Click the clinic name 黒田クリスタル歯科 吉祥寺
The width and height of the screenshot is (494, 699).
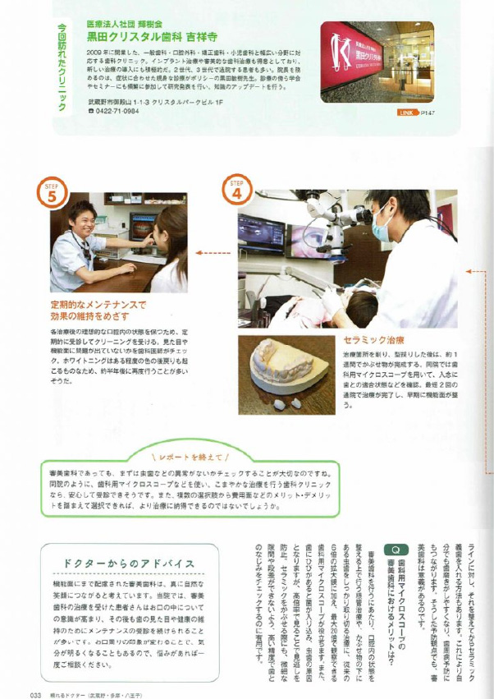coord(153,36)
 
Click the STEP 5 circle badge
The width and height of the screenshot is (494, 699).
coord(51,195)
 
